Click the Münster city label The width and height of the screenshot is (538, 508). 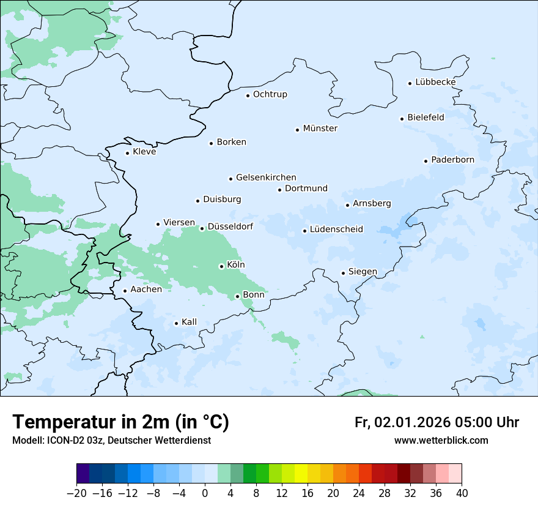click(320, 129)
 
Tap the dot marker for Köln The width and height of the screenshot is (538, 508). click(221, 266)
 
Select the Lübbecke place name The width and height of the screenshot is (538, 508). click(435, 82)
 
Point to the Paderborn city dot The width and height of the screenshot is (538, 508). click(426, 161)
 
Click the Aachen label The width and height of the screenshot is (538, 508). click(146, 289)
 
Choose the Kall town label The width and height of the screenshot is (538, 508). click(189, 322)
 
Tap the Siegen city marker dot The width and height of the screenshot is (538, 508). click(343, 273)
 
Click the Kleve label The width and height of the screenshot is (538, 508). click(144, 152)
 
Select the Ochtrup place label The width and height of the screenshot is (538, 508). click(270, 94)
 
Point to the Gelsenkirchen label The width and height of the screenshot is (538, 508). click(266, 177)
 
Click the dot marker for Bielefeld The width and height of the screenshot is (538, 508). click(402, 119)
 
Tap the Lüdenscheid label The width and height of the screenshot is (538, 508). click(336, 230)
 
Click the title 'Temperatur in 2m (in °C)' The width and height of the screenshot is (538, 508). click(120, 422)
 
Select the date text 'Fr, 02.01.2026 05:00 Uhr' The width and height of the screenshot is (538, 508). click(437, 422)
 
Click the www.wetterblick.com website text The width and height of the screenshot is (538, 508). click(441, 440)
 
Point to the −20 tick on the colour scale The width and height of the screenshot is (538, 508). click(76, 493)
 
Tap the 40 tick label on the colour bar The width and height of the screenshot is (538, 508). click(462, 493)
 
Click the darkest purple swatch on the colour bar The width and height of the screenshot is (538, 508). click(83, 474)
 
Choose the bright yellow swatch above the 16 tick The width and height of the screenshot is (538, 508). click(301, 474)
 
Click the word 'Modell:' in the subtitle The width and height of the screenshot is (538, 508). click(28, 440)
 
